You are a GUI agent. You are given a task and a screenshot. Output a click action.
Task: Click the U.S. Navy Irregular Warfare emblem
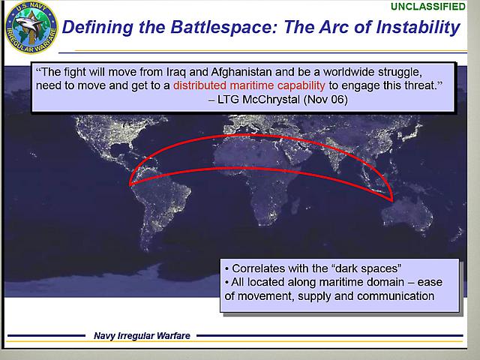coord(31,27)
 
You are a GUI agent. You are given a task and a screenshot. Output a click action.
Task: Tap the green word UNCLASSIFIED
coord(428,7)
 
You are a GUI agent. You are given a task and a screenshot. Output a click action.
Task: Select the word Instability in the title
coord(418,27)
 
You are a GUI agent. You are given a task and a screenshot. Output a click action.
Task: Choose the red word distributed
coord(200,85)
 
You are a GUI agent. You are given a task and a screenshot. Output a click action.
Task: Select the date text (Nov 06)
coord(325,100)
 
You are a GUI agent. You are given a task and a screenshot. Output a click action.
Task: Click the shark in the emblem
coord(30,24)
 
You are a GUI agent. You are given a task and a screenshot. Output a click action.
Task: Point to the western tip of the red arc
coord(130,185)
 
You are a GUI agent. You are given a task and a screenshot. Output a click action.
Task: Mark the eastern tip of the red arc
coord(392,201)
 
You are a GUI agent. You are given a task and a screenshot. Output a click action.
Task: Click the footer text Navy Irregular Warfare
coord(142,336)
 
